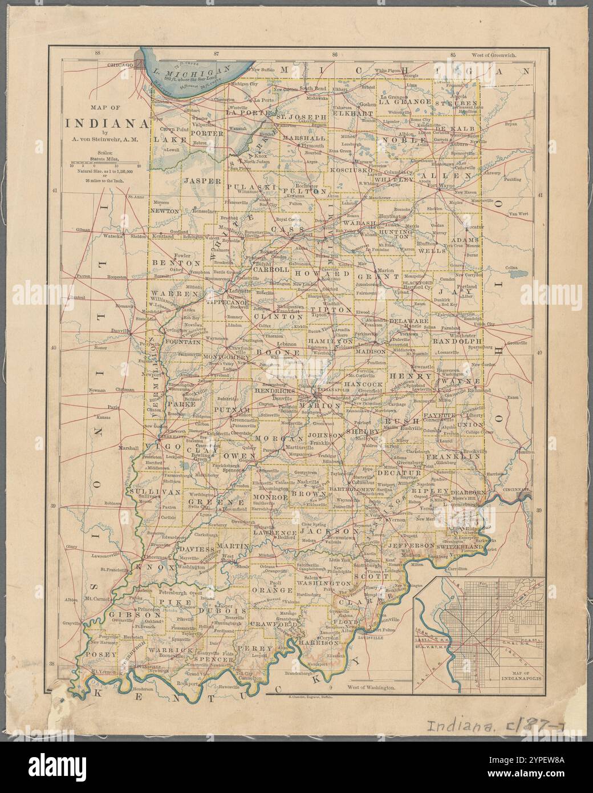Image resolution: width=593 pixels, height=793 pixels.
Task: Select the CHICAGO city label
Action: tap(120, 66)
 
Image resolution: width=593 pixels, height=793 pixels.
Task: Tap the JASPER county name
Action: tap(201, 180)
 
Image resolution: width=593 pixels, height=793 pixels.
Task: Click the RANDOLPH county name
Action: tap(457, 341)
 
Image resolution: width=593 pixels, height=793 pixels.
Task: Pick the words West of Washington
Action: tap(373, 689)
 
